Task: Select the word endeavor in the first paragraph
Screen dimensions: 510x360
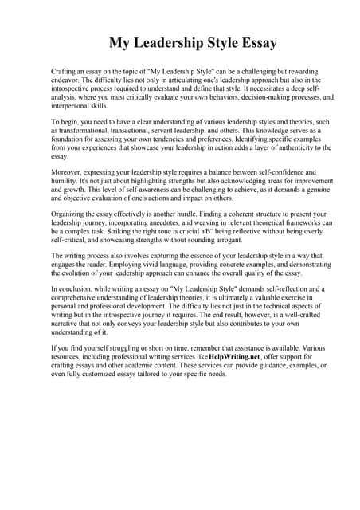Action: [67, 80]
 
